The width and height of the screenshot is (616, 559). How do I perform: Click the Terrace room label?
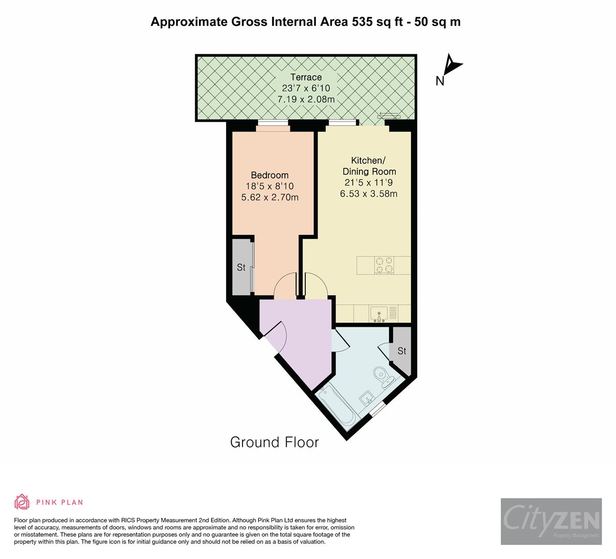point(306,78)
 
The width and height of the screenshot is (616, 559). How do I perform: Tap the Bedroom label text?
point(269,175)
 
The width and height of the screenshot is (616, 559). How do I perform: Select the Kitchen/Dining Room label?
point(369,165)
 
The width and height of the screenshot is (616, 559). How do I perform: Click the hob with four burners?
point(384,265)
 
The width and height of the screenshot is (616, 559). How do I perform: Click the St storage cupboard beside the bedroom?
point(241,268)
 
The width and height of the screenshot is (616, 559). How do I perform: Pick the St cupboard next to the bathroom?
point(402,351)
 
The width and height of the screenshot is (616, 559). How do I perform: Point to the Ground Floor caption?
point(274,442)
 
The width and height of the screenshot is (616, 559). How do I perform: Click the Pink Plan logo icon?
point(22,502)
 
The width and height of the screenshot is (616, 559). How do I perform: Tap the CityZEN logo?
point(551,521)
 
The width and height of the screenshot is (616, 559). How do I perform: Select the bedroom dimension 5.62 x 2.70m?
point(269,197)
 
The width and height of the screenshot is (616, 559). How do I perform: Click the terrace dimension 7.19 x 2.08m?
point(306,99)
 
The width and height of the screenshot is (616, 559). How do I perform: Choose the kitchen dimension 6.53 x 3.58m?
point(369,194)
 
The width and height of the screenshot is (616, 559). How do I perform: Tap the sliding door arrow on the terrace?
point(388,115)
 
